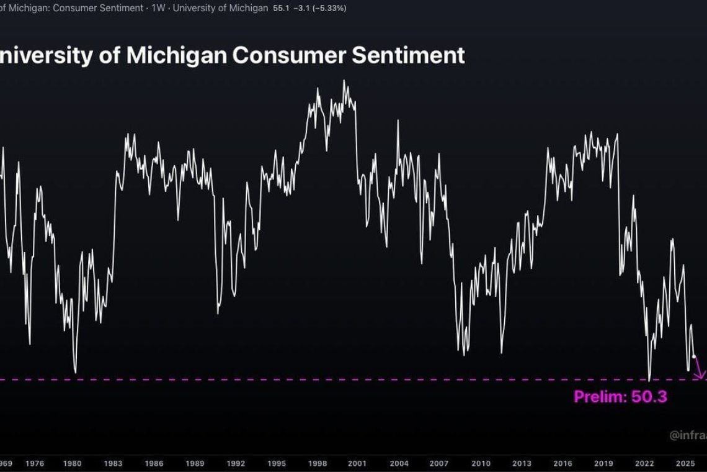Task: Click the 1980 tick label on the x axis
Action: tap(72, 463)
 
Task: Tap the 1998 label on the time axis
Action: tap(318, 463)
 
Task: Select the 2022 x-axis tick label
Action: tap(644, 463)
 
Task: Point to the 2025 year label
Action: tap(685, 463)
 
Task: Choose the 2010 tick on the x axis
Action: tap(481, 463)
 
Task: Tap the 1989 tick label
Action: tap(195, 463)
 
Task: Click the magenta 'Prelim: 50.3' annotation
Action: tap(620, 397)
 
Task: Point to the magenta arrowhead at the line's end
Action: tap(701, 376)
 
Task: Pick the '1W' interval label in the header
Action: tap(158, 8)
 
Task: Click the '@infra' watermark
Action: tap(687, 435)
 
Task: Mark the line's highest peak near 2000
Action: tap(344, 81)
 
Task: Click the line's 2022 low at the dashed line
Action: tap(649, 379)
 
